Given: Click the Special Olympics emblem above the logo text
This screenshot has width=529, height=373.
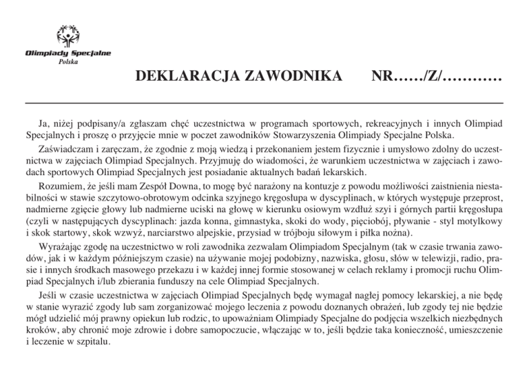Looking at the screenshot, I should (67, 35).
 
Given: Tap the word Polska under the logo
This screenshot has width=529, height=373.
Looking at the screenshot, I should (68, 63).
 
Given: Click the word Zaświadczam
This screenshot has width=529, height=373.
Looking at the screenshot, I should (67, 147).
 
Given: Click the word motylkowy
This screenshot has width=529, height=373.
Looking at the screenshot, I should (479, 223).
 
